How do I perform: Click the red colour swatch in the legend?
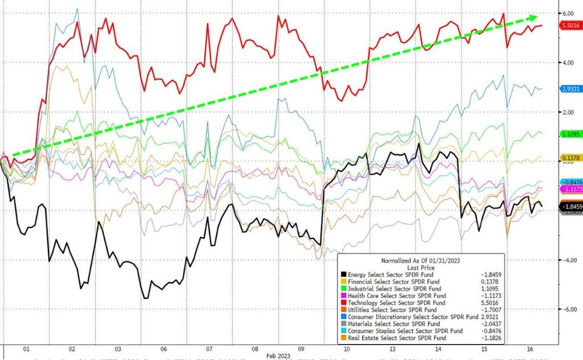click(x=343, y=302)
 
